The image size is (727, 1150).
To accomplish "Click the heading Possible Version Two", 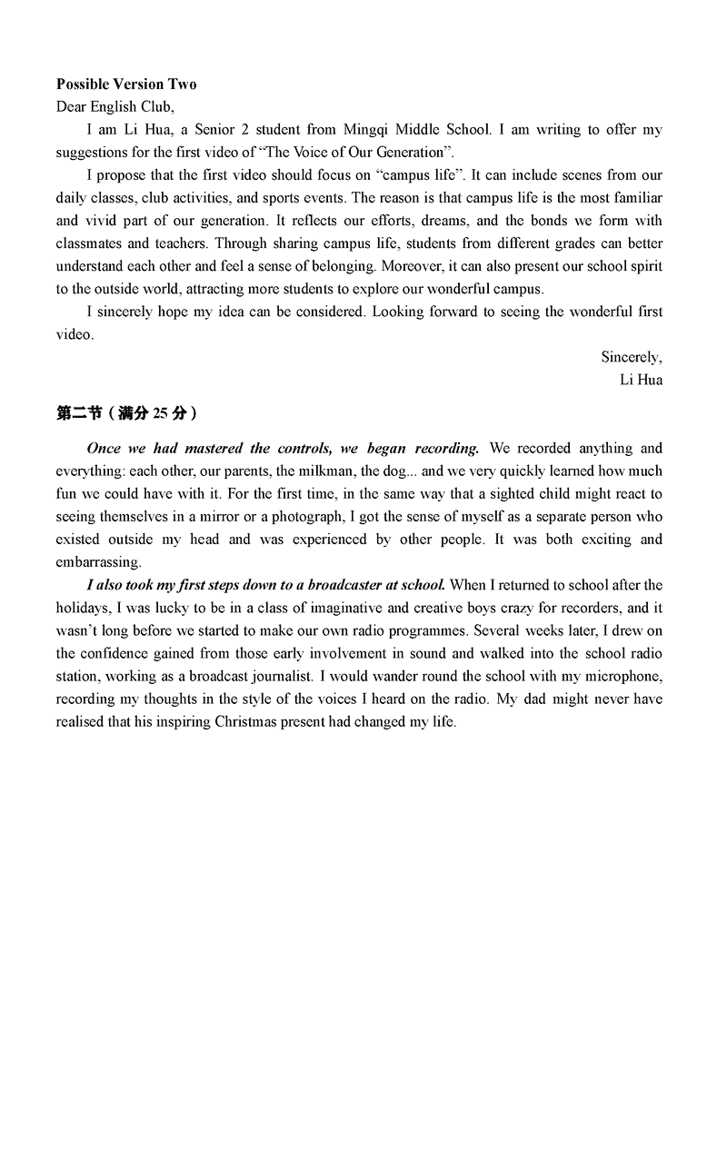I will (126, 84).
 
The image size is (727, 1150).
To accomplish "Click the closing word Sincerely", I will (631, 357).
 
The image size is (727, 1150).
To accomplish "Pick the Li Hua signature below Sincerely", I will (641, 380).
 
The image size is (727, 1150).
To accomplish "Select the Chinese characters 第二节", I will (79, 413).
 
